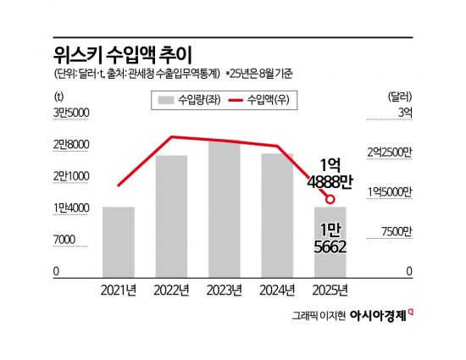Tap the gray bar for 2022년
tap(171, 216)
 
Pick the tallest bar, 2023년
tap(224, 208)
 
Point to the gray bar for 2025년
tap(330, 241)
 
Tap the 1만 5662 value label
tap(330, 236)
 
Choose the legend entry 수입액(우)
tap(265, 100)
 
